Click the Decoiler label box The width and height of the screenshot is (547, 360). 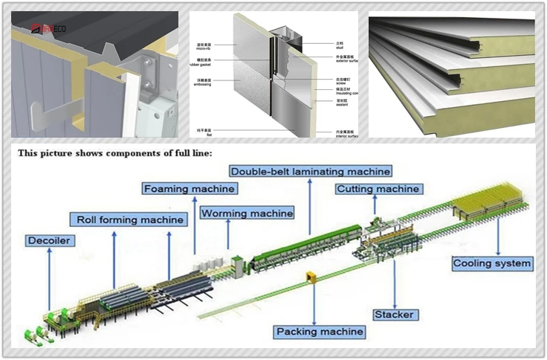coord(49,241)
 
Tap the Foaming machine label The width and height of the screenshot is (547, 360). coord(190,189)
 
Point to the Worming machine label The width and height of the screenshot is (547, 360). coord(247,213)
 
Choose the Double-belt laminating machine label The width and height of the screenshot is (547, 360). coord(311,171)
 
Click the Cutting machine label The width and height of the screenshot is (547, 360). coord(378,189)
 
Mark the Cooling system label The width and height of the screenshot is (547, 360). coord(493,263)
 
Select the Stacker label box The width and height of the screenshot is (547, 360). coord(393,315)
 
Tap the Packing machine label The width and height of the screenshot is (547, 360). coord(320,331)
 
